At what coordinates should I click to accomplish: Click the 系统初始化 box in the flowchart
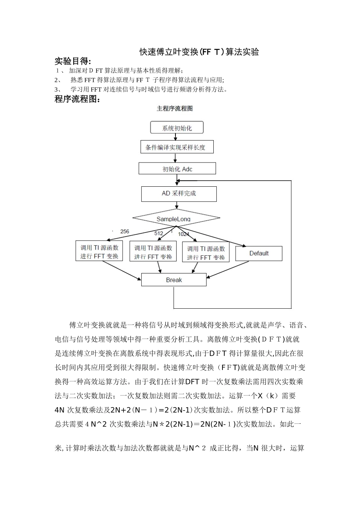177,128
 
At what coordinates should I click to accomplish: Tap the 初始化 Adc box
177,169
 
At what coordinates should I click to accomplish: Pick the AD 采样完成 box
179,194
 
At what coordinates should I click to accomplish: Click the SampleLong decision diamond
176,218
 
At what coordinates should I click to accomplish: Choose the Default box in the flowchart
259,253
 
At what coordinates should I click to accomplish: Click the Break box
174,280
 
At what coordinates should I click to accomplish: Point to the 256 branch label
125,231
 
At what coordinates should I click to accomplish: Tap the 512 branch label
159,233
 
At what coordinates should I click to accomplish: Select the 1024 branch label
183,234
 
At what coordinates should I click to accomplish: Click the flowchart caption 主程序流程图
175,108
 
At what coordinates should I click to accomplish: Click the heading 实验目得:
73,61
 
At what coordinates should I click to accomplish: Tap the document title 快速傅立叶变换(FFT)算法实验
199,52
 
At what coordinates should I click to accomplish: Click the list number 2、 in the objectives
58,80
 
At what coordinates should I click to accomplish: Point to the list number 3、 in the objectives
58,89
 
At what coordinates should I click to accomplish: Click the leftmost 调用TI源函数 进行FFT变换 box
99,252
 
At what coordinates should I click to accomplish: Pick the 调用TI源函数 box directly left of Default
206,253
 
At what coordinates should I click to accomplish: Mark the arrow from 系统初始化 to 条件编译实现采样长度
175,137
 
